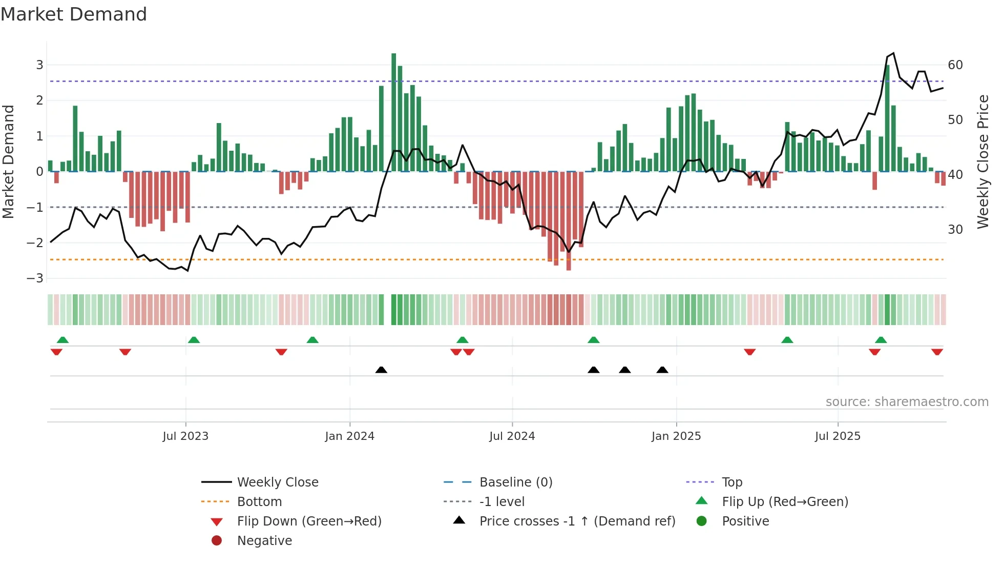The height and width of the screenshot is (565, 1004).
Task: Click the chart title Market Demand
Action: point(74,14)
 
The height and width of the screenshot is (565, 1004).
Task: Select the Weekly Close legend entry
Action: point(277,482)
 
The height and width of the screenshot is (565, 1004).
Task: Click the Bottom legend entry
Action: point(259,501)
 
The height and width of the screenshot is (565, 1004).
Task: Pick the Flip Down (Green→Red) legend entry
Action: point(309,521)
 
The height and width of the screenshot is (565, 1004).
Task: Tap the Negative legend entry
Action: point(264,540)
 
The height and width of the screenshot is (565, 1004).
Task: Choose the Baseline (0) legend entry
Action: point(515,482)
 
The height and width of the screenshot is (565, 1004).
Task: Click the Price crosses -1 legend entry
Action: point(577,521)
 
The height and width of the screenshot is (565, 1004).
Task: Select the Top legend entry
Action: point(731,482)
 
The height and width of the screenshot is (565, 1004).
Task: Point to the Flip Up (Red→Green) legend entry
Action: point(785,501)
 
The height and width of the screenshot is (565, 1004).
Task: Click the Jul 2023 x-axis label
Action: point(185,436)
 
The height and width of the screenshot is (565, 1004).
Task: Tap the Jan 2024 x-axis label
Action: point(349,436)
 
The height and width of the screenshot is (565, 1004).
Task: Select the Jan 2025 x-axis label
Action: point(676,436)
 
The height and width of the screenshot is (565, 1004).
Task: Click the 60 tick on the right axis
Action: point(955,65)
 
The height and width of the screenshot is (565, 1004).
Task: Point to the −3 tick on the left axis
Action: point(35,278)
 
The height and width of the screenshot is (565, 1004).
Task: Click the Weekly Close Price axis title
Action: point(982,162)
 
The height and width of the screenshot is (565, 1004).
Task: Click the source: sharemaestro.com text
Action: point(907,402)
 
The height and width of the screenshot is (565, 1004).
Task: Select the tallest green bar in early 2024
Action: point(393,113)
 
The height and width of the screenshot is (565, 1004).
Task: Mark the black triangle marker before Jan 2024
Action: point(381,370)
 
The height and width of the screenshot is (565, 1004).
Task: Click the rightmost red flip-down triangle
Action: point(937,352)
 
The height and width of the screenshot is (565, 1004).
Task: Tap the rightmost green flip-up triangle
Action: point(881,340)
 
